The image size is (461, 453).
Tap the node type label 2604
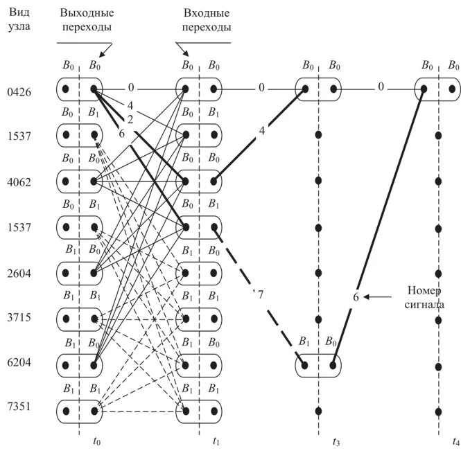pyautogui.click(x=16, y=273)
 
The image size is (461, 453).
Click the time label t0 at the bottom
pyautogui.click(x=78, y=441)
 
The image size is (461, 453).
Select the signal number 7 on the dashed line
pyautogui.click(x=261, y=296)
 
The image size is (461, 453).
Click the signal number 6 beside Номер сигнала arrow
pyautogui.click(x=356, y=297)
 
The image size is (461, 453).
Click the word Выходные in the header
pyautogui.click(x=87, y=13)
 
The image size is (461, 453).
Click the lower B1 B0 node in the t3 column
pyautogui.click(x=318, y=364)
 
